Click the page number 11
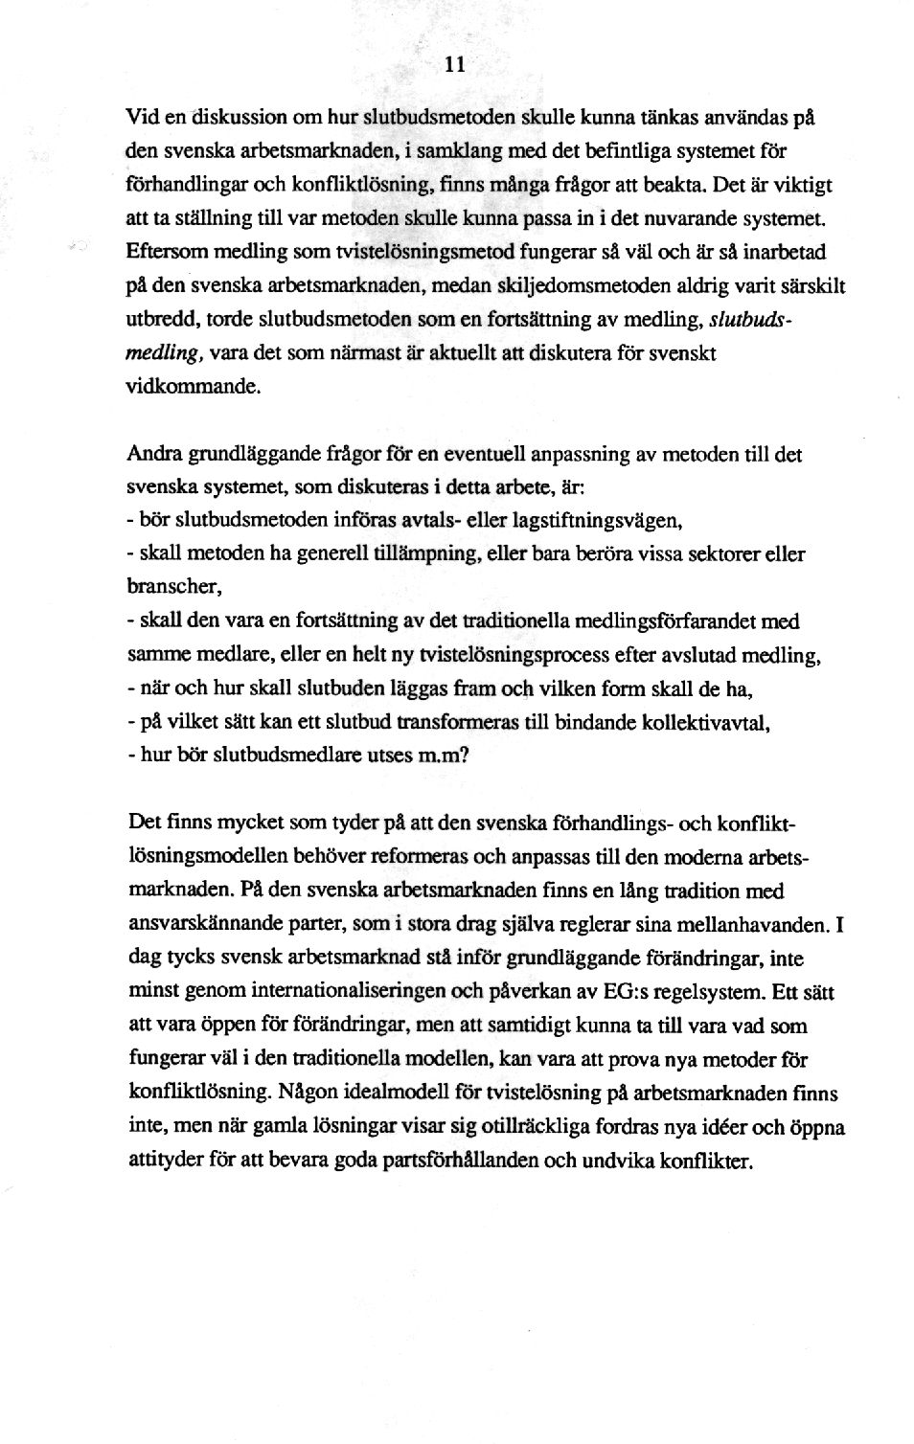click(455, 65)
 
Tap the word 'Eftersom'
click(163, 253)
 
